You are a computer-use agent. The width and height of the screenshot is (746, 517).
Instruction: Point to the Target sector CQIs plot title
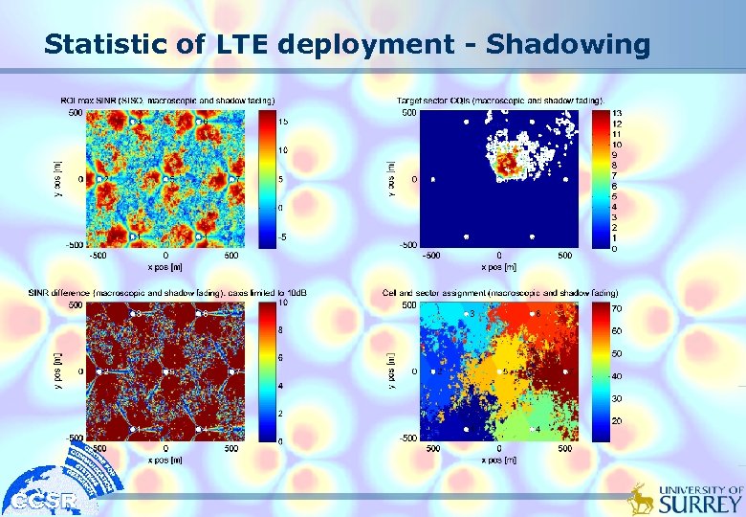click(500, 101)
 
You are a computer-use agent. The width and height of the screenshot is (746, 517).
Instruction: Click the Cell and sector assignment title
click(499, 292)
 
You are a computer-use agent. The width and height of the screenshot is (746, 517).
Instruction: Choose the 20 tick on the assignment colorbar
click(618, 421)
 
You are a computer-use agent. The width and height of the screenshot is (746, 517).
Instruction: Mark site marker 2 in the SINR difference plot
click(99, 371)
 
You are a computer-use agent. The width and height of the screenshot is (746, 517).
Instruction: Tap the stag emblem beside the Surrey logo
click(641, 498)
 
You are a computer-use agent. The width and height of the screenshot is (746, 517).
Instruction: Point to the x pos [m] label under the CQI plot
click(496, 267)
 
